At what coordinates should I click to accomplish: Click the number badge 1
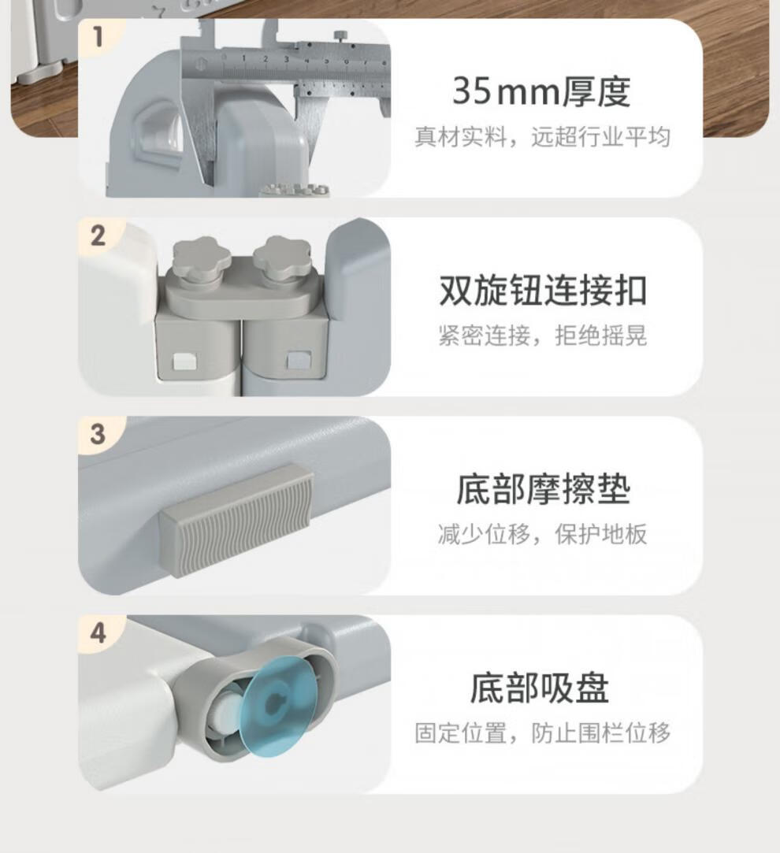[98, 37]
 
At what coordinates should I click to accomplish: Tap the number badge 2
[98, 236]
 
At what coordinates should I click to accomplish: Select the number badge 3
[98, 434]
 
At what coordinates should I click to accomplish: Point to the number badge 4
[98, 633]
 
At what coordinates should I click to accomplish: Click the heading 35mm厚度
[541, 91]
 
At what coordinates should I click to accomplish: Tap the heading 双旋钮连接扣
[543, 291]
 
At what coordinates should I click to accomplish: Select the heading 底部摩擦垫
[543, 489]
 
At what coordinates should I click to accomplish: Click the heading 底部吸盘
[540, 688]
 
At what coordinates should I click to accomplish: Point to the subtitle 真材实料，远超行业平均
[543, 136]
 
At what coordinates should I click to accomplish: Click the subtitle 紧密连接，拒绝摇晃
[543, 335]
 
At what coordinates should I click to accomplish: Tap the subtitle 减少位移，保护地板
[543, 534]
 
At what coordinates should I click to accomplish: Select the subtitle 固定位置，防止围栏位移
[543, 732]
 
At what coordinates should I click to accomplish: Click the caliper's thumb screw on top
[341, 36]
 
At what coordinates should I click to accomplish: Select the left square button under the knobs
[181, 362]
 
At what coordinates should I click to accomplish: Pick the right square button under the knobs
[299, 359]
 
